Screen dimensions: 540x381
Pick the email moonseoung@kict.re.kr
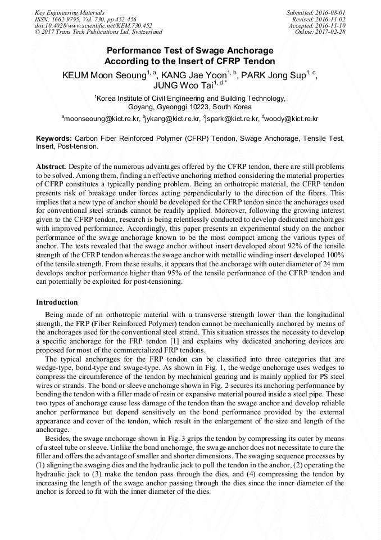pos(102,119)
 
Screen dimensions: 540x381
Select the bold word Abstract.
pos(51,167)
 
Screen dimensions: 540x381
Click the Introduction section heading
pos(57,302)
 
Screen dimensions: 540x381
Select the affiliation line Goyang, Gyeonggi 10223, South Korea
pos(190,107)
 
